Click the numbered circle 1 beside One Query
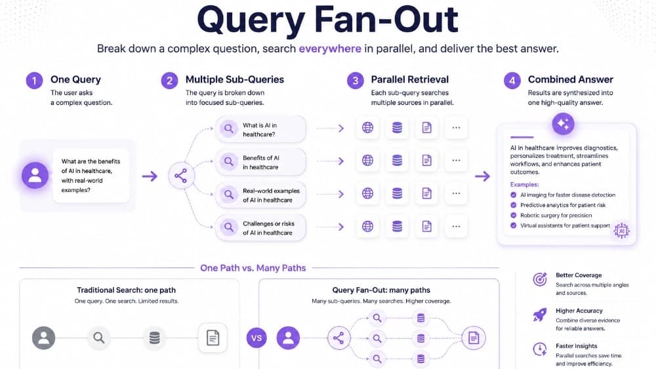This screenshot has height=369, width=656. [34, 80]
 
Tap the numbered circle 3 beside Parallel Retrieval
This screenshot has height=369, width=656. [355, 80]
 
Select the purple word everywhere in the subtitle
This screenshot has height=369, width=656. [330, 49]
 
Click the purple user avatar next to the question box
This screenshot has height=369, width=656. [35, 175]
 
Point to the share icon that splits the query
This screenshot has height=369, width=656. [181, 176]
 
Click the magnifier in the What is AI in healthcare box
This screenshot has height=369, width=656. [229, 128]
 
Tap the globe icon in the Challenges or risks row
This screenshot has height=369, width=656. [368, 227]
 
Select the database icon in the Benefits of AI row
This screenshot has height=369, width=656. [397, 161]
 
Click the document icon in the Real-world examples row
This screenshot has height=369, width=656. [427, 193]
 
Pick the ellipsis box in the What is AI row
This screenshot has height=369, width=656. [456, 127]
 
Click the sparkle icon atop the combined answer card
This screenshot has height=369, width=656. [563, 124]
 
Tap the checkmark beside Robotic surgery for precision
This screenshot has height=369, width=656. [514, 215]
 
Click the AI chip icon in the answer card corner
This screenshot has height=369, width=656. [621, 231]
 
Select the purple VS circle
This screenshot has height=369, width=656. [256, 338]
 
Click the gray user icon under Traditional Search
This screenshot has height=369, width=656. [43, 338]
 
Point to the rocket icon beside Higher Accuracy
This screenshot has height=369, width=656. [540, 315]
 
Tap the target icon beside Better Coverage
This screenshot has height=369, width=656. [540, 279]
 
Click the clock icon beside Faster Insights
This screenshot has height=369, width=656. [540, 349]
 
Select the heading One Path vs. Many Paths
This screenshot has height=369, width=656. [253, 268]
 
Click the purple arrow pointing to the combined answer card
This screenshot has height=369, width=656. [482, 176]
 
